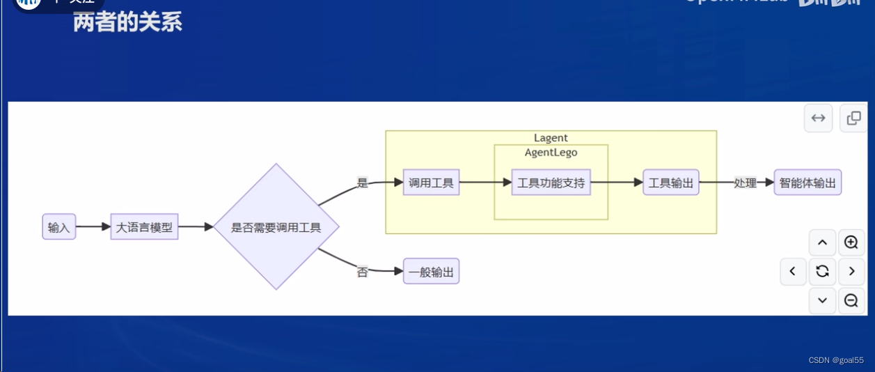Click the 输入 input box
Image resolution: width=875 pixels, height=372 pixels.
point(58,227)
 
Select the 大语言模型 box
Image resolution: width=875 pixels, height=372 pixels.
point(144,227)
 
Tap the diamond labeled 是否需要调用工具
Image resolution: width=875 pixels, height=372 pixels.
point(276,227)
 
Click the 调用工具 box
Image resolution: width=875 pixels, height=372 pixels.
point(431,183)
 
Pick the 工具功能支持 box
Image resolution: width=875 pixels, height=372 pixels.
point(551,183)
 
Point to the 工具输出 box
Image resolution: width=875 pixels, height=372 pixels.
point(671,183)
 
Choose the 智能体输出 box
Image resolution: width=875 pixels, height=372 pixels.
point(807,183)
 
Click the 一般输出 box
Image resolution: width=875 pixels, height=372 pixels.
point(431,272)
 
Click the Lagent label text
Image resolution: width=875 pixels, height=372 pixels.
point(551,138)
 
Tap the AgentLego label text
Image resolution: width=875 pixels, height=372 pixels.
point(551,153)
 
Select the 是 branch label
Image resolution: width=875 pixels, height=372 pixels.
point(362,183)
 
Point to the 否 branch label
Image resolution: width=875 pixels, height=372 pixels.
point(362,272)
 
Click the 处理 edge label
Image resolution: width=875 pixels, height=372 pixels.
point(745,183)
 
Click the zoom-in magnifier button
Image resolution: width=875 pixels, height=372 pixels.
point(851,242)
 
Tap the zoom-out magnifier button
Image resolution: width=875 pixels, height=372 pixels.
point(851,300)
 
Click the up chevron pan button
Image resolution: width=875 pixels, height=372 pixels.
point(822,242)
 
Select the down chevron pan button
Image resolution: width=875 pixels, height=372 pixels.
point(822,300)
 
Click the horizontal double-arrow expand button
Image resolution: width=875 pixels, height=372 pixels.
point(818,118)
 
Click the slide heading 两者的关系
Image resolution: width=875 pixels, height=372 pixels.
point(127,22)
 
